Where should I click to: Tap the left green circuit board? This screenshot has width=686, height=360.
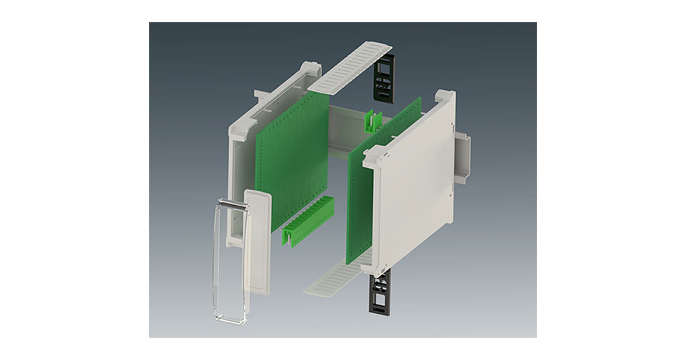292,154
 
